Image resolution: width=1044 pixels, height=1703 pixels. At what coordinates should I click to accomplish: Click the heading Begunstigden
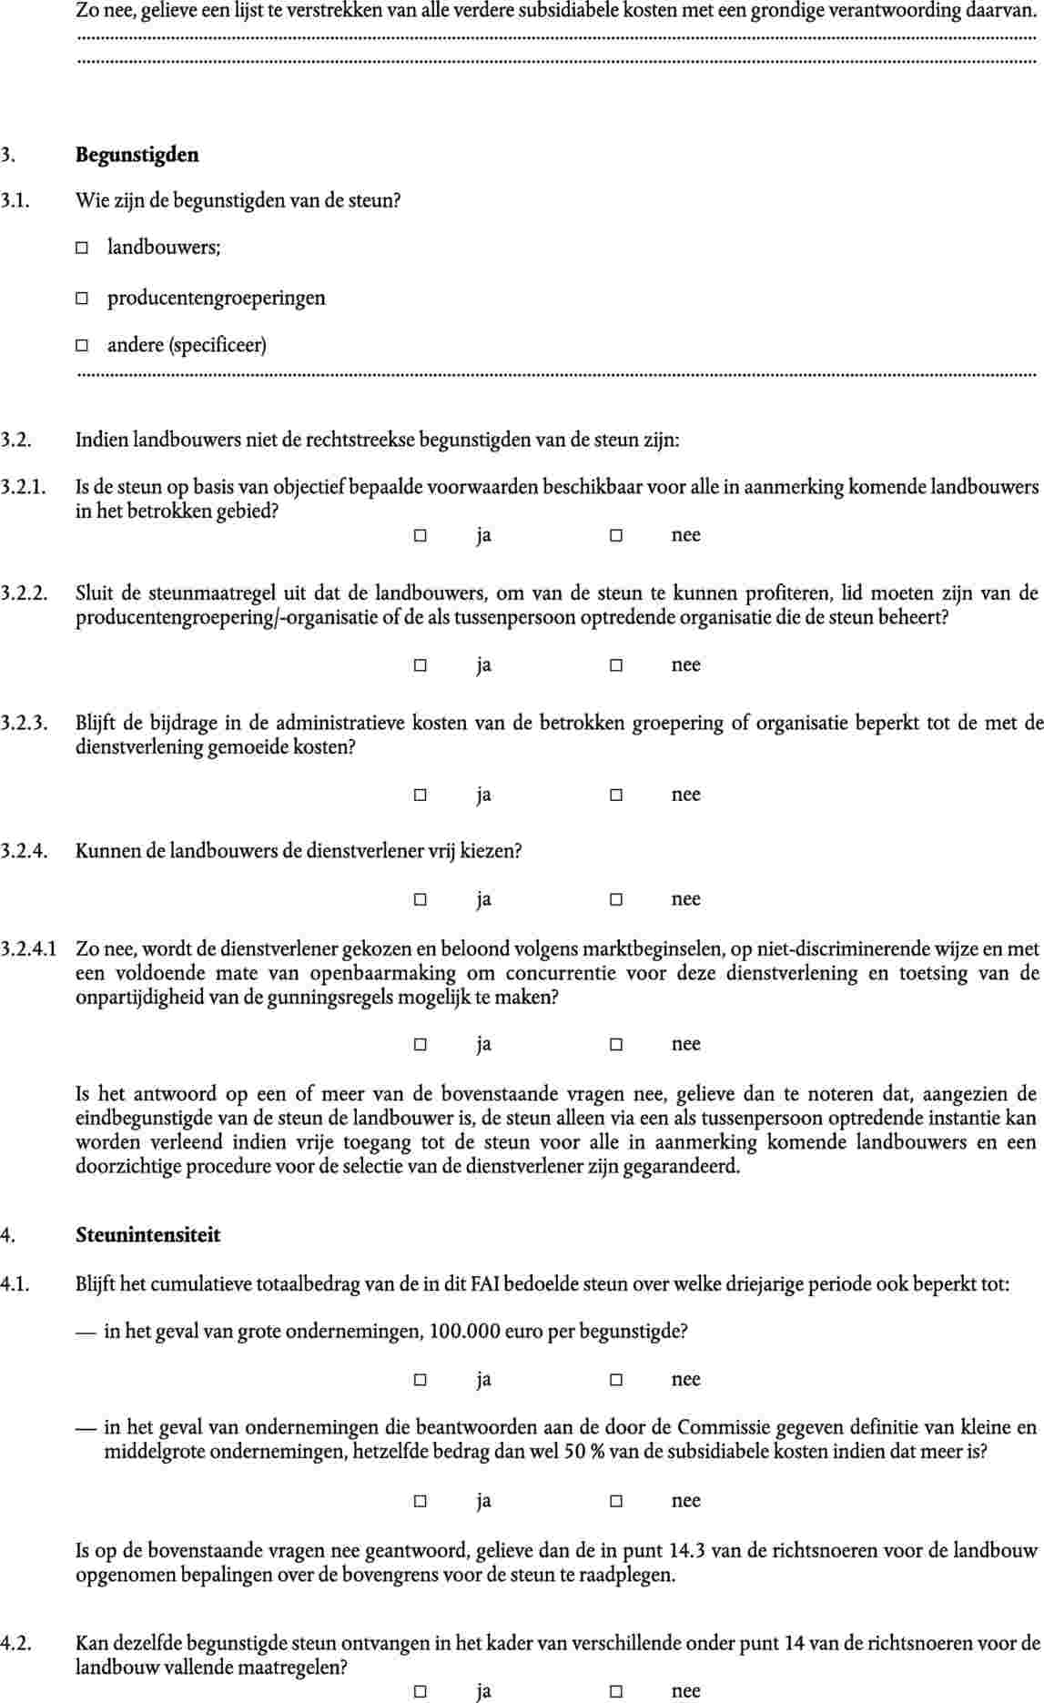137,155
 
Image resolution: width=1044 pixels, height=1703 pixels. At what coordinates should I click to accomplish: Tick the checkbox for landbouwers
82,248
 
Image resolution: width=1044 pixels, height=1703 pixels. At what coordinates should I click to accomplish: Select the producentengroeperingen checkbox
82,299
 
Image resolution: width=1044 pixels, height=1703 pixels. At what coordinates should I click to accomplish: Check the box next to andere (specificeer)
82,346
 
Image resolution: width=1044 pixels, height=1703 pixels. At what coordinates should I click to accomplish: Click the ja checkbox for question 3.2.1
421,536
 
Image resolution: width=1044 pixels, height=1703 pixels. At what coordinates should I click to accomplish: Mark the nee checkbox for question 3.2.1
616,536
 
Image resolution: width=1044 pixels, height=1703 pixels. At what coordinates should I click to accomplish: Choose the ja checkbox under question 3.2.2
421,665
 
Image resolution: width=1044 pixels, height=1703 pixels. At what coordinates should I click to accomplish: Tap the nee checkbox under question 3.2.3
616,796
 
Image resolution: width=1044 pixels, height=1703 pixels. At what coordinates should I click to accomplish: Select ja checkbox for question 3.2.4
421,900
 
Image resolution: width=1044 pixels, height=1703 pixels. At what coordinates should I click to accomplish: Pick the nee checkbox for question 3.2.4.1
616,1045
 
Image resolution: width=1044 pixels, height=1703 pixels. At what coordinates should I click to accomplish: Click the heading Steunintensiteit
147,1235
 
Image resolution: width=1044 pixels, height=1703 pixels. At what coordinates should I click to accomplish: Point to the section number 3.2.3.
24,725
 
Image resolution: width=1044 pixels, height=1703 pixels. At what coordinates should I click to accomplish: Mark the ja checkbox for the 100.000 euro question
421,1380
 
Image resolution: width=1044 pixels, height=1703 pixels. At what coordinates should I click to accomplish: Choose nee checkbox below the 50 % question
616,1501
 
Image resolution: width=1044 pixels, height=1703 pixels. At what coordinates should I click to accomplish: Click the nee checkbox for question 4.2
616,1691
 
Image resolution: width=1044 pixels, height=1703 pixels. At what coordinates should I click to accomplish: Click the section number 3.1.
15,200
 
